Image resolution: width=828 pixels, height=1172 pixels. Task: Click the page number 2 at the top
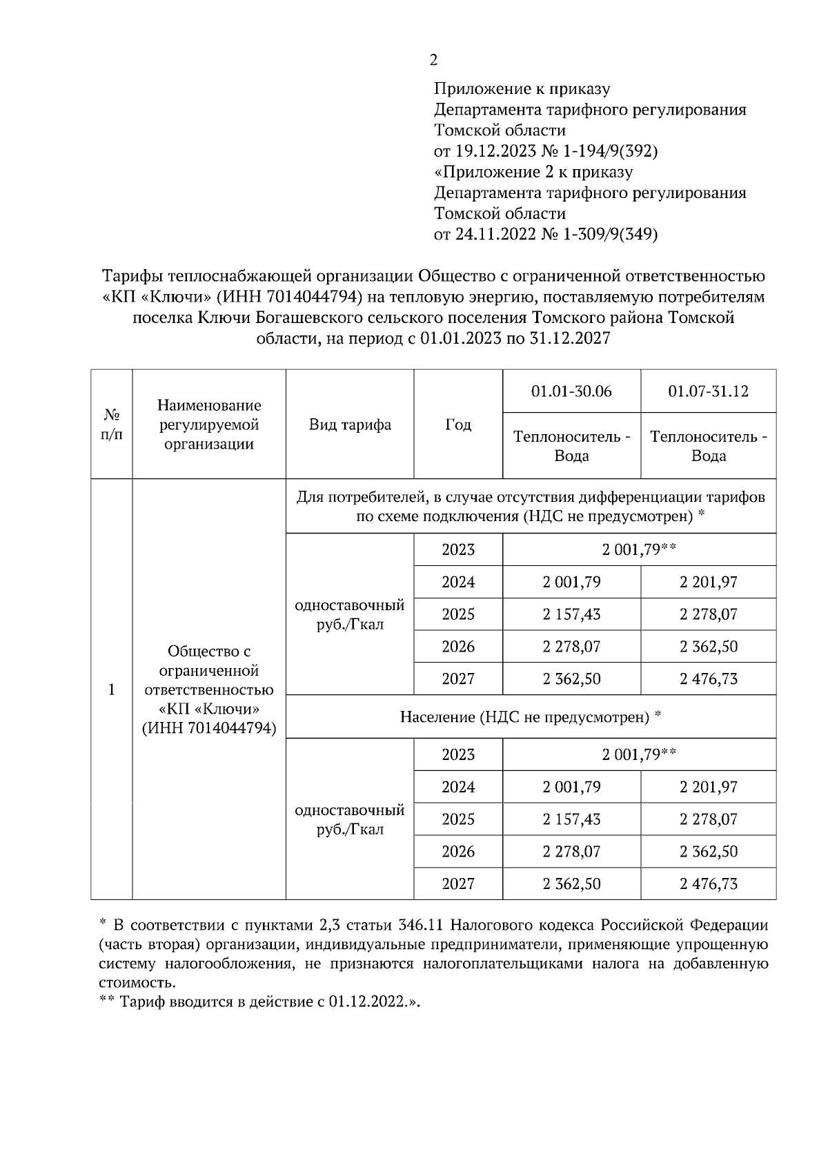coord(433,61)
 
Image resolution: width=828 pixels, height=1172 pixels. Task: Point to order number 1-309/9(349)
coord(611,234)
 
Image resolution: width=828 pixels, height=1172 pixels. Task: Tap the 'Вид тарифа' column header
coord(350,424)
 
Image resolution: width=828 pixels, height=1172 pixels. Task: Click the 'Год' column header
coord(458,424)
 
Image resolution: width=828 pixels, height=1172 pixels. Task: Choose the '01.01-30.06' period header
coord(571,391)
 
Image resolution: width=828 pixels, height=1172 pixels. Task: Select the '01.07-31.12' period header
coord(708,391)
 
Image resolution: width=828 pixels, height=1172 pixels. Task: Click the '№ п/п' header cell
coord(112,424)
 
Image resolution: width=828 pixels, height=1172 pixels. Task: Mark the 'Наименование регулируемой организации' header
coord(209,424)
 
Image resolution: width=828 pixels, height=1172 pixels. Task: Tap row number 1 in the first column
coord(112,690)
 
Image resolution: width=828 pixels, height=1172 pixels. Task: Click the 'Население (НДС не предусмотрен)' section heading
coord(531,717)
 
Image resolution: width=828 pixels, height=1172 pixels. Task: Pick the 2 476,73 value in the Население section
coord(708,883)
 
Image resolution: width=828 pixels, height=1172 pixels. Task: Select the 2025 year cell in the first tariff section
coord(458,614)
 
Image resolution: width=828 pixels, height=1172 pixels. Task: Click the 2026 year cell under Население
coord(458,851)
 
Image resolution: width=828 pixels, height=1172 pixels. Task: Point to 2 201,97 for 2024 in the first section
coord(708,582)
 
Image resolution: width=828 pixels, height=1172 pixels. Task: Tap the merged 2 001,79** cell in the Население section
coord(639,754)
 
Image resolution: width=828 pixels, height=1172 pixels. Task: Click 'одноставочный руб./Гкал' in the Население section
coord(350,819)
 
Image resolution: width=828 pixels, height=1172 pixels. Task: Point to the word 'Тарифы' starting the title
coord(128,276)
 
